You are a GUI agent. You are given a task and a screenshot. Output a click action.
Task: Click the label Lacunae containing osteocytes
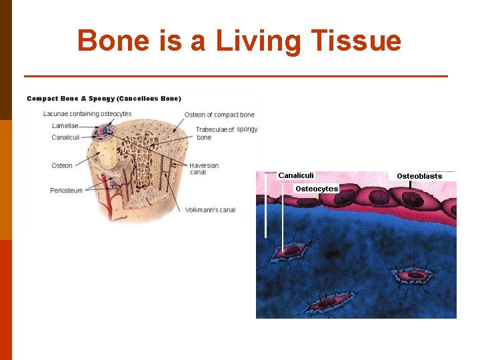pos(87,114)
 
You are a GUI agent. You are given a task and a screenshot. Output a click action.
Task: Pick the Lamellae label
pos(65,126)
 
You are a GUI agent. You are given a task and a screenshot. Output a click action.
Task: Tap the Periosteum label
pos(66,191)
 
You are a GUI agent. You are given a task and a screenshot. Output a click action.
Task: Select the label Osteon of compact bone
pos(219,115)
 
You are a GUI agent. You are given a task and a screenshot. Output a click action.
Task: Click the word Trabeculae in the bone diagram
pos(211,129)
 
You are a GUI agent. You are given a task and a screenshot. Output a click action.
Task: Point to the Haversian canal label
pos(203,169)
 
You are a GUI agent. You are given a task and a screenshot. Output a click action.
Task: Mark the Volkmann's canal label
pos(210,210)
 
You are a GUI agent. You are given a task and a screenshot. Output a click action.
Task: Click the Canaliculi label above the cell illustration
pos(296,175)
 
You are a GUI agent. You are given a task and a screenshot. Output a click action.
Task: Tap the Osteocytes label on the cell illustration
pos(317,189)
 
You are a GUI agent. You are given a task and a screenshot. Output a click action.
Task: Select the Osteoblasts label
pos(419,176)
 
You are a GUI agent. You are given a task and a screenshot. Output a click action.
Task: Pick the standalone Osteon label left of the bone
pos(62,166)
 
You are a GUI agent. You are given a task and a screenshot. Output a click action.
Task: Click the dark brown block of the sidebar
pos(6,60)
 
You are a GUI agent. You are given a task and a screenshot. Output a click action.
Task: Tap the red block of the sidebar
pos(6,300)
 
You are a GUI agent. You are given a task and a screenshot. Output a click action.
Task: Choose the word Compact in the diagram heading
pos(42,99)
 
